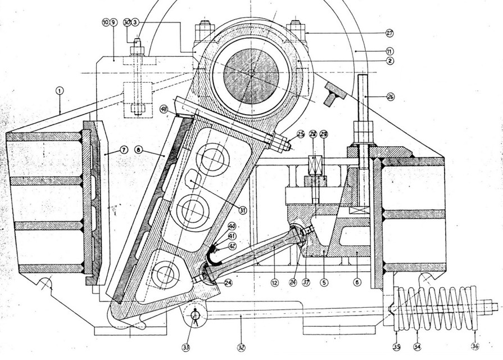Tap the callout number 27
pos(390,33)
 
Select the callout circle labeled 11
pos(390,51)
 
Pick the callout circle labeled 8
pos(138,150)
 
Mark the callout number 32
pos(241,347)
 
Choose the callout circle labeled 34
pos(416,346)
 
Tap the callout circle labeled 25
pos(300,134)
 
